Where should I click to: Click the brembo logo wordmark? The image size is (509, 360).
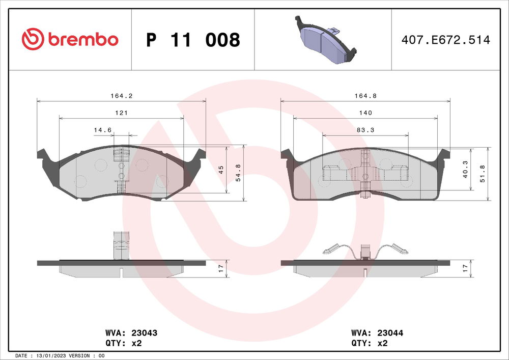pos(83,39)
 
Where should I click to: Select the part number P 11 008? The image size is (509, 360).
pos(193,40)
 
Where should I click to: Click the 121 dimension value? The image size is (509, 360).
pos(121,113)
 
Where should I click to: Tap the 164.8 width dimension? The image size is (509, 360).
pos(365,95)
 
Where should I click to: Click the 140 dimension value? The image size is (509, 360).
pos(365,113)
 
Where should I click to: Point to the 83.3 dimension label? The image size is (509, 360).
pos(365,130)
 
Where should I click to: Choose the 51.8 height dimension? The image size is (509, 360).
pos(483,173)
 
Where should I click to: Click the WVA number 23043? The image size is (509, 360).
pos(144,333)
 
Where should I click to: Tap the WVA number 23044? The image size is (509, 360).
pos(390,333)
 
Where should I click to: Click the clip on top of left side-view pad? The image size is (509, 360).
pos(121,242)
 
